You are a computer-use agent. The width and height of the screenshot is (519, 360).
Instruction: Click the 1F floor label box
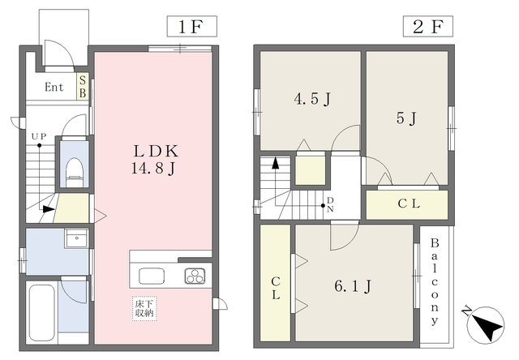(191, 26)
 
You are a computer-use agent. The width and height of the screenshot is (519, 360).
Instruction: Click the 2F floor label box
(427, 26)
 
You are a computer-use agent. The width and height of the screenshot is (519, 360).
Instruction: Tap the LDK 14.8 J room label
(155, 160)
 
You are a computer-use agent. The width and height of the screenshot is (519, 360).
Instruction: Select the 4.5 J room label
(312, 99)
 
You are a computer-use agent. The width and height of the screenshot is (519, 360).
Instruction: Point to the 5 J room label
(406, 118)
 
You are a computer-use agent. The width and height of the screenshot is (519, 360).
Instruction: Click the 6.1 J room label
(353, 286)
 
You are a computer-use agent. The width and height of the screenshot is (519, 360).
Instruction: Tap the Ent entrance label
(54, 87)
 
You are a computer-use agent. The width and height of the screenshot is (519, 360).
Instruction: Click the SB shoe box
(83, 87)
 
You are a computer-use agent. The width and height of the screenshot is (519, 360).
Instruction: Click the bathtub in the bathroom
(41, 313)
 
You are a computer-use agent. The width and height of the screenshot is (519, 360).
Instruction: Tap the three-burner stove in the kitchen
(195, 276)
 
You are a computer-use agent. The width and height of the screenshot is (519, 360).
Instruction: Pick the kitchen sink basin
(152, 276)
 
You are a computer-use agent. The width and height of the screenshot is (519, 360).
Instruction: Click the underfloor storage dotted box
(144, 309)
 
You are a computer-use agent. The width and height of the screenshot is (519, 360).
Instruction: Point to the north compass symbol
(487, 324)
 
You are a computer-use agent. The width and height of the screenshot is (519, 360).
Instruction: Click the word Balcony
(435, 281)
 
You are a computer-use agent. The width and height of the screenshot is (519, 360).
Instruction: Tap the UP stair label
(39, 136)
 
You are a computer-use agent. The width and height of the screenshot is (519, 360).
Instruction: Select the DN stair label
(330, 204)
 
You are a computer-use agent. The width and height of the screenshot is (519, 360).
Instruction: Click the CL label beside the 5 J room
(409, 204)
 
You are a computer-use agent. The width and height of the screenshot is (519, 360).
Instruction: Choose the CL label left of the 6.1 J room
(276, 289)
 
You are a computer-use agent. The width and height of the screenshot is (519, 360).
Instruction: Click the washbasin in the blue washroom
(77, 238)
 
